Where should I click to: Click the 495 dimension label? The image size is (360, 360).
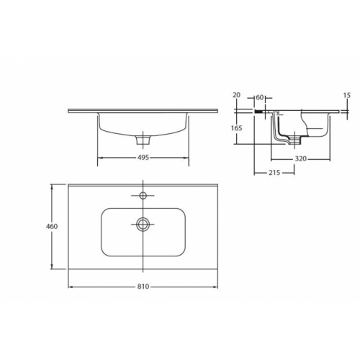pyautogui.click(x=143, y=158)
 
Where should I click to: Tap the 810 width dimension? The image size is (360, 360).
pyautogui.click(x=143, y=287)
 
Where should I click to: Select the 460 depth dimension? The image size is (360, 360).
pyautogui.click(x=52, y=226)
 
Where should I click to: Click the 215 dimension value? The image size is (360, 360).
pyautogui.click(x=274, y=173)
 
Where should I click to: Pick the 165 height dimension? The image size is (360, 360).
pyautogui.click(x=237, y=128)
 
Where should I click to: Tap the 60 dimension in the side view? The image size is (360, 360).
pyautogui.click(x=260, y=95)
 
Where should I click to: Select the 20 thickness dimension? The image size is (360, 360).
pyautogui.click(x=236, y=95)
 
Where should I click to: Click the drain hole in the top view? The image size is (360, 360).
pyautogui.click(x=143, y=224)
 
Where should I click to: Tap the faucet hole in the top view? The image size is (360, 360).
pyautogui.click(x=143, y=195)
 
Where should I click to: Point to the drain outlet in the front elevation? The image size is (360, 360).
pyautogui.click(x=143, y=137)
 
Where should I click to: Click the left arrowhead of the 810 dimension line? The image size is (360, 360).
pyautogui.click(x=70, y=287)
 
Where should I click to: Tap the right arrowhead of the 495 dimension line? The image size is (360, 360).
pyautogui.click(x=189, y=158)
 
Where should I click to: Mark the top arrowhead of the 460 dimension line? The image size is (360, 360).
pyautogui.click(x=52, y=186)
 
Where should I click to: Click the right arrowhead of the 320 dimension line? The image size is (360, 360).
pyautogui.click(x=330, y=158)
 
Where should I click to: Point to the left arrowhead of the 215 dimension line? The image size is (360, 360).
pyautogui.click(x=256, y=173)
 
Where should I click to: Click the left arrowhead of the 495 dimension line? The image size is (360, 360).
pyautogui.click(x=98, y=158)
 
